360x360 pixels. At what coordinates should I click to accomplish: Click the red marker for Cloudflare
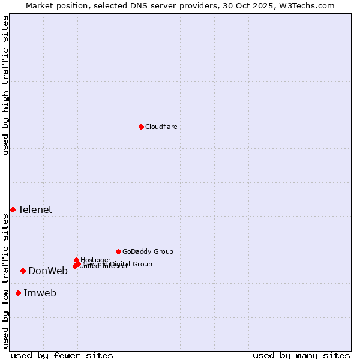(x=141, y=127)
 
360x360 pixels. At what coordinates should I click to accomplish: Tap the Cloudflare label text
(x=161, y=127)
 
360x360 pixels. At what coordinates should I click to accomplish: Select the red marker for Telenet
(x=13, y=209)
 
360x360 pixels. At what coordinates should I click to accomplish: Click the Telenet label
(x=35, y=209)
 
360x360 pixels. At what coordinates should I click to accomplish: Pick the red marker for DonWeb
(x=23, y=271)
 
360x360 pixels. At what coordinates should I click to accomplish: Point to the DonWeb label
(x=48, y=271)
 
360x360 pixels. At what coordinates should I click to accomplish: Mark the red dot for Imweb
(x=18, y=293)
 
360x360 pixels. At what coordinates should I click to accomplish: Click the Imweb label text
(x=40, y=293)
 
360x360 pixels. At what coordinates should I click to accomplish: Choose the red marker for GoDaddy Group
(x=118, y=251)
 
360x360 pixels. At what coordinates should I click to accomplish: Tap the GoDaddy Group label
(x=148, y=251)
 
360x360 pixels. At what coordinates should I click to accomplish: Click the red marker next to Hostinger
(x=76, y=260)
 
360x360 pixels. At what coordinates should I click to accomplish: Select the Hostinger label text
(x=95, y=260)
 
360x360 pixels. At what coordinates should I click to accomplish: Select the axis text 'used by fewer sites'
(x=62, y=355)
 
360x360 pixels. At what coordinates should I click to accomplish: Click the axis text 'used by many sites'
(x=301, y=355)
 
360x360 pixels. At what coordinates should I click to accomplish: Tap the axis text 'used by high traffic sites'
(x=5, y=85)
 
